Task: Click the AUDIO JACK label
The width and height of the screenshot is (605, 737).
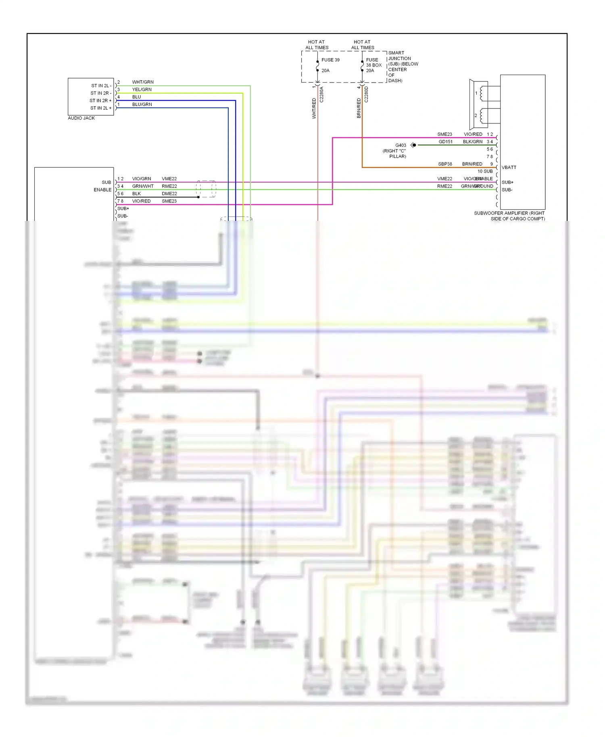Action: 81,118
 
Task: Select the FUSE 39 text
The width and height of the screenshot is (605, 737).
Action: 330,60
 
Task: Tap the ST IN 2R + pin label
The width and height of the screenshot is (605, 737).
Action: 100,100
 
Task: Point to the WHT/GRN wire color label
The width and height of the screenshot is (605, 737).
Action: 143,82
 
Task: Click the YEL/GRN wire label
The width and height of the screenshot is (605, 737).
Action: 142,90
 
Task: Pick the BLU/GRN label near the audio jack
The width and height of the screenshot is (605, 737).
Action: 142,104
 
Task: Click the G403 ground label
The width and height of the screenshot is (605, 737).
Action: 401,145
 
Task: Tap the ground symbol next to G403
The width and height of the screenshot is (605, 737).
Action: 413,145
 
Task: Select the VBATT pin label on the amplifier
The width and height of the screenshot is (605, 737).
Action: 509,167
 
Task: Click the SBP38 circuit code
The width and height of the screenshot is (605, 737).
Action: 445,164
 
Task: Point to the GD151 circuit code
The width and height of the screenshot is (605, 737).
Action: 446,142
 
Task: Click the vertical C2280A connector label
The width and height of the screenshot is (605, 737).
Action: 321,95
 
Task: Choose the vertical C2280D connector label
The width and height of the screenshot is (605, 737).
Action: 366,95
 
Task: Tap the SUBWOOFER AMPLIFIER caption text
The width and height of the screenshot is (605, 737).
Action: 509,216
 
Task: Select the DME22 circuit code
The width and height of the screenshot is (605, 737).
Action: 169,194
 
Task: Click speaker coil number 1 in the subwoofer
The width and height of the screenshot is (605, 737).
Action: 476,93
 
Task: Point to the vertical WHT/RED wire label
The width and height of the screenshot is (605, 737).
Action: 314,108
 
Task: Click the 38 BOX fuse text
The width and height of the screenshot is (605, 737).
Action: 373,65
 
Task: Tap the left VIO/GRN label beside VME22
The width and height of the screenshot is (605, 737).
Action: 142,179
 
